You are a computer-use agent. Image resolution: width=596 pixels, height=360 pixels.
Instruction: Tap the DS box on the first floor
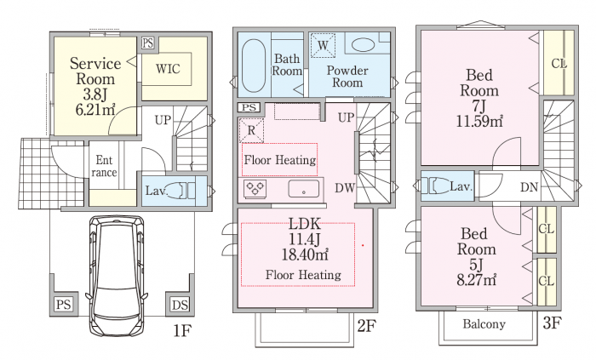180,305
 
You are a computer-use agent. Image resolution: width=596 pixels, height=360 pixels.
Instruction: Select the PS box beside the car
63,305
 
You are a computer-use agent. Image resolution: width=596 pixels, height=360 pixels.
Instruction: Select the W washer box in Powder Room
323,44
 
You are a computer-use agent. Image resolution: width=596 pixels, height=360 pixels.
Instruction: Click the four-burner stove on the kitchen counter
256,188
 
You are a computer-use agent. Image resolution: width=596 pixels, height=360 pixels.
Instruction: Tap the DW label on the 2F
346,188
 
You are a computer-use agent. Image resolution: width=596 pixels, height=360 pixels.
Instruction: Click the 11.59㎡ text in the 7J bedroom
479,120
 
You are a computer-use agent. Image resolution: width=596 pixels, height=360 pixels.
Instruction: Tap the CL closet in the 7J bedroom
558,63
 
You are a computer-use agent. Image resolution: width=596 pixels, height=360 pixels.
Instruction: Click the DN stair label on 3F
528,187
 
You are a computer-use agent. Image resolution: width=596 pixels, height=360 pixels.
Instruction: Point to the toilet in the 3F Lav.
438,186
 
